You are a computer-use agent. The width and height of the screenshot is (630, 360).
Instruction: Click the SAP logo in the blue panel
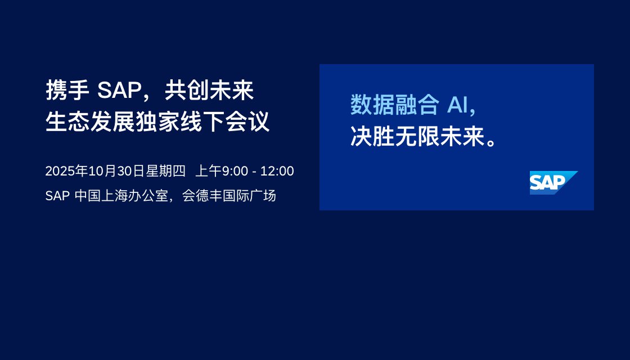553,183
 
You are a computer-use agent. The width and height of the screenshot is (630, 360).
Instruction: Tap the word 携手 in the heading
67,90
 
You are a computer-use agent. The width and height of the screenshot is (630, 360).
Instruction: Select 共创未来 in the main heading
209,90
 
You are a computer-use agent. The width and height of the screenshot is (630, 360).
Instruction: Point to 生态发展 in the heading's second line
90,121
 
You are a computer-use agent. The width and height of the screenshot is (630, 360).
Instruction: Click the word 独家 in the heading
157,121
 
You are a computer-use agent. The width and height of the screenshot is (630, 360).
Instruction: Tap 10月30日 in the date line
116,171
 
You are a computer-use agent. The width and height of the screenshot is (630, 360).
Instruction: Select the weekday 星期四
165,171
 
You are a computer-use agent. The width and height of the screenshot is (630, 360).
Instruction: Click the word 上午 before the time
209,171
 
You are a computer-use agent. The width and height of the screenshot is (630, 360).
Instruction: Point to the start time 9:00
235,171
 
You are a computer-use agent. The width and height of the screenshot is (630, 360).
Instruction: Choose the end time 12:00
277,171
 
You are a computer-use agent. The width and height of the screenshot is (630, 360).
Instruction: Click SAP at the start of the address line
58,196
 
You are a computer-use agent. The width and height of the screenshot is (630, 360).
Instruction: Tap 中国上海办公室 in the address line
121,196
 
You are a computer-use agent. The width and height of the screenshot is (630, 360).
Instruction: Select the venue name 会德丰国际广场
229,196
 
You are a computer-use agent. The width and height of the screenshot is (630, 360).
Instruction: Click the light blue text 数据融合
395,105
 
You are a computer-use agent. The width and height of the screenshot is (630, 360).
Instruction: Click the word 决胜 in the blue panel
372,137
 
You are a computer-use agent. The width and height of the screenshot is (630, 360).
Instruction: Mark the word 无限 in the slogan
417,137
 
